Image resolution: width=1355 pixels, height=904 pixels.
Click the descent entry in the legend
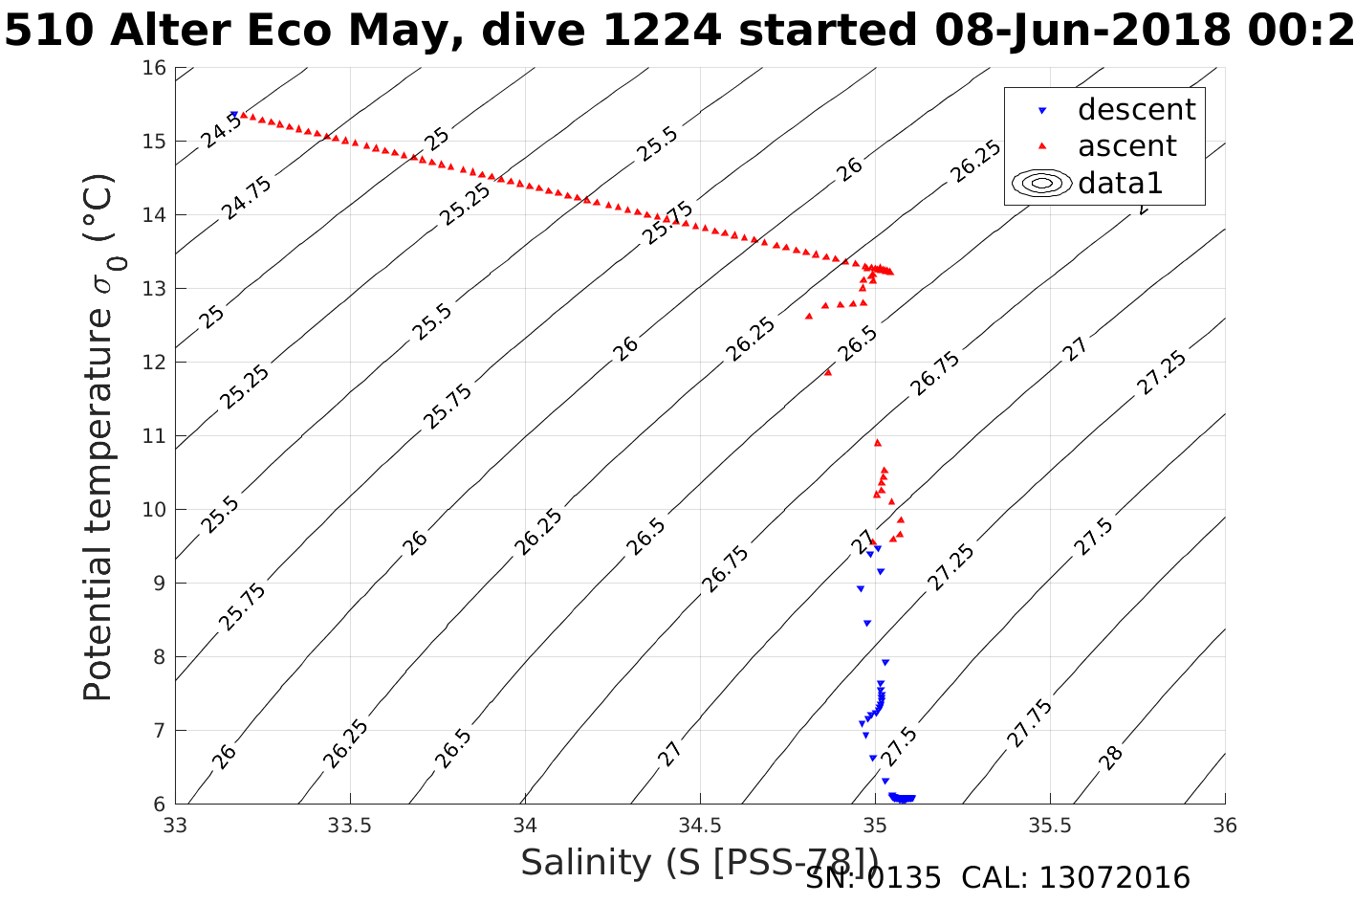point(1136,110)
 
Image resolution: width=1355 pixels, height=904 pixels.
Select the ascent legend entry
point(1126,146)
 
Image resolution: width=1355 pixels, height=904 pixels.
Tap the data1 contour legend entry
point(1120,183)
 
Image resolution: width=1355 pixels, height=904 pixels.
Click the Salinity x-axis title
point(699,862)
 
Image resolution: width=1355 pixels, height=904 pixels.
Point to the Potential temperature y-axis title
point(98,436)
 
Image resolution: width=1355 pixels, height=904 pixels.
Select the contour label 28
point(1111,758)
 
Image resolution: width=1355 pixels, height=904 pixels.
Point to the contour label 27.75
point(1029,723)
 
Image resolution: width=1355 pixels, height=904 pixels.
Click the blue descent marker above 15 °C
point(233,114)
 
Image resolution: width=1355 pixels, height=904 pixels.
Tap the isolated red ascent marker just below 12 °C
point(828,372)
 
